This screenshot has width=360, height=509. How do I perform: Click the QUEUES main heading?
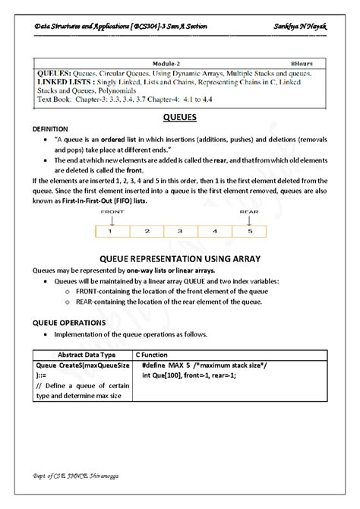point(180,117)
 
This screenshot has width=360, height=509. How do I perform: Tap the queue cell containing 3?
point(179,229)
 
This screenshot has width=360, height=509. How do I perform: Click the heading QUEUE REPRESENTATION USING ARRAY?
point(180,258)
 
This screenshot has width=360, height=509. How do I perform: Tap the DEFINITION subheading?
point(50,129)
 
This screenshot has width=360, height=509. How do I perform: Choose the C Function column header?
point(156,354)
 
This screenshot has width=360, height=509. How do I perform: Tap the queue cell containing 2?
point(147,229)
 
